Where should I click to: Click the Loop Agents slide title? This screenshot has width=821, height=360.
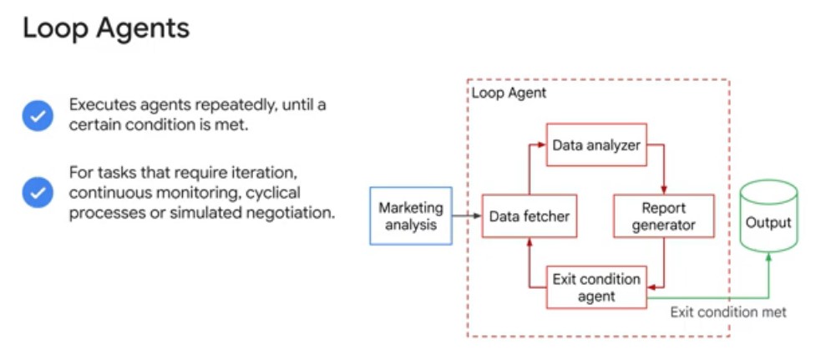106,29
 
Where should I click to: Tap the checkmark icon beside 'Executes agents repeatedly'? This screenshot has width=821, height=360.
38,116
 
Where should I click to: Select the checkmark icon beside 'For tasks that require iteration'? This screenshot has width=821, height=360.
38,192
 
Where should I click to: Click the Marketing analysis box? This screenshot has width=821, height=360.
411,215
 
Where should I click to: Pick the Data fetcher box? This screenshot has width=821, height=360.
530,215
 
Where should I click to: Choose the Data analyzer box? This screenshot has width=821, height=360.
596,145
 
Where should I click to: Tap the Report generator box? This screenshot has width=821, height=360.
663,215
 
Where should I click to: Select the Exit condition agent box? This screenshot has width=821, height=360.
596,287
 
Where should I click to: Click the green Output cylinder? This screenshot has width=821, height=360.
768,215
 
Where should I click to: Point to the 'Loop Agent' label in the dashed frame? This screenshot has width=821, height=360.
509,94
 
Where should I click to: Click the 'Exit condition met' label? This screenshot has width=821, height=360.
728,312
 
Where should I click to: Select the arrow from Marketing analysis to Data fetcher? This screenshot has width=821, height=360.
467,215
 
